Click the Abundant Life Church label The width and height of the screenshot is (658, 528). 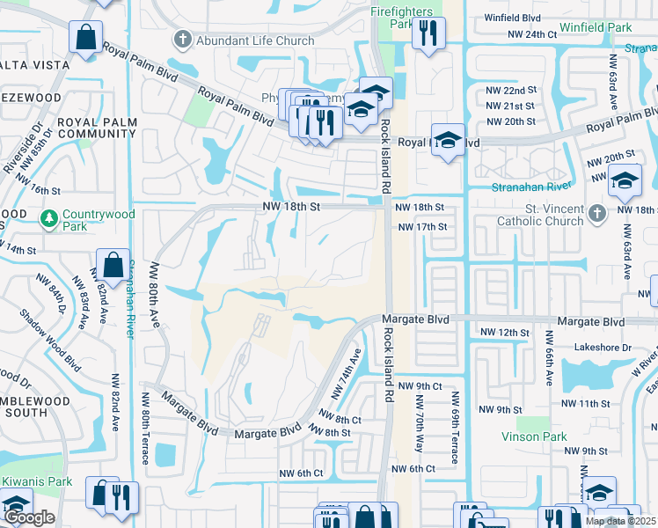(x=255, y=40)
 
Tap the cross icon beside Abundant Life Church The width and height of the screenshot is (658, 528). (x=183, y=40)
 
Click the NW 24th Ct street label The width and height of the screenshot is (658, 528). (x=533, y=33)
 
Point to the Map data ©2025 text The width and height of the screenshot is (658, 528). (x=619, y=521)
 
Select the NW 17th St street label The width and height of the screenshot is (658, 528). (x=424, y=226)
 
